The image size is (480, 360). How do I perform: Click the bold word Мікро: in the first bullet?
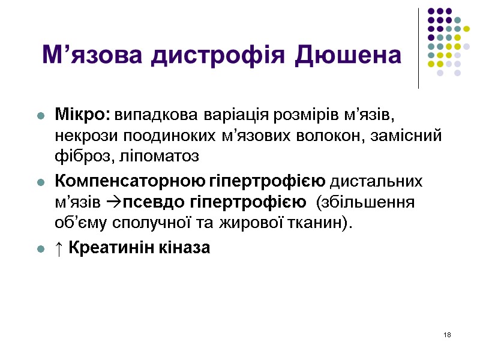tap(83, 114)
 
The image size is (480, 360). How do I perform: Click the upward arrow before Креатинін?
tap(59, 247)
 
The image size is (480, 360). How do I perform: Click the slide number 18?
tap(447, 334)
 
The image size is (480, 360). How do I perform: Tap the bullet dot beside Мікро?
tap(41, 115)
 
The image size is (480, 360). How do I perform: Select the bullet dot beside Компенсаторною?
tap(41, 182)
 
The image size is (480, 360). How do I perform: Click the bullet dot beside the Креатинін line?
tap(41, 248)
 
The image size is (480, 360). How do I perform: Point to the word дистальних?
tap(377, 181)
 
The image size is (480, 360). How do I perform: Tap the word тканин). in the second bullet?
tap(323, 223)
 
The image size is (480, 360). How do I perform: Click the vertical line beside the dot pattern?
tap(418, 48)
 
